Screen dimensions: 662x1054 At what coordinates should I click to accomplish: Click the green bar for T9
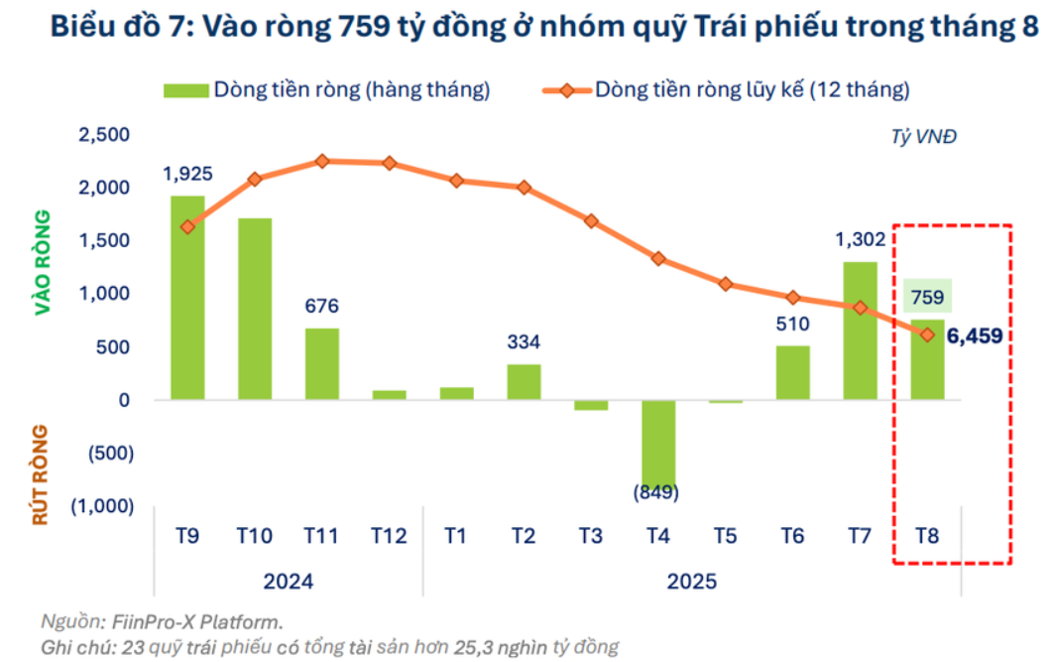point(187,298)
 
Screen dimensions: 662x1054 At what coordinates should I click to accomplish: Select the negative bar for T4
point(658,443)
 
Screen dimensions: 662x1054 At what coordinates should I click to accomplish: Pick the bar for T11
point(322,363)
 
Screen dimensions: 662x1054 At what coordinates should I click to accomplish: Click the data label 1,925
point(187,176)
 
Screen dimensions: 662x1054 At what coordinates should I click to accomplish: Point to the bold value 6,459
point(974,336)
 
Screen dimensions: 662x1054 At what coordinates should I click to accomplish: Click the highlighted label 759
point(928,296)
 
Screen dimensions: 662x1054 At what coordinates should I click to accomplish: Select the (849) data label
point(657,491)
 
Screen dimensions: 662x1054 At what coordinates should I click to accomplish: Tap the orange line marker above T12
point(389,163)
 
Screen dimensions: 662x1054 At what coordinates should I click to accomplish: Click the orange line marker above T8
point(928,334)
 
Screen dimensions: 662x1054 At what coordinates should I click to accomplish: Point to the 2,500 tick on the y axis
point(103,135)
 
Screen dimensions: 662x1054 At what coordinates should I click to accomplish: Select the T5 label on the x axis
point(725,537)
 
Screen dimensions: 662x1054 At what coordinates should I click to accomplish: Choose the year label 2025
point(691,581)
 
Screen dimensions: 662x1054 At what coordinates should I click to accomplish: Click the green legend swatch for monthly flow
point(185,90)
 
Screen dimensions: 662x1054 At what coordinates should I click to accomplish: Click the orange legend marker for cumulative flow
point(565,90)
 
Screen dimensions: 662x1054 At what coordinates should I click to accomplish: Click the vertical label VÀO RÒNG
point(43,263)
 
